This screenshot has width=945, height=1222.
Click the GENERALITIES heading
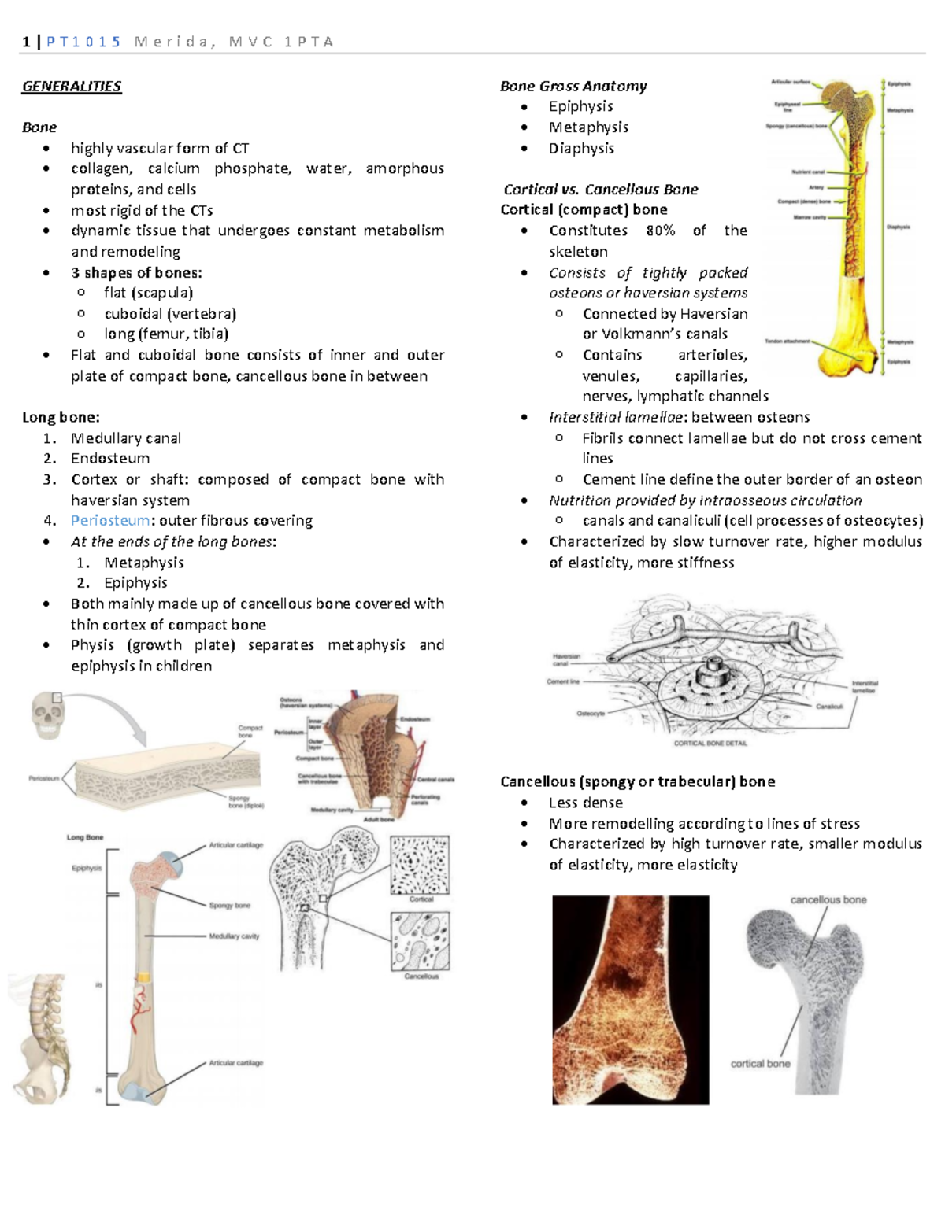pyautogui.click(x=72, y=87)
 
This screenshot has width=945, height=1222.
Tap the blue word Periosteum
pyautogui.click(x=109, y=520)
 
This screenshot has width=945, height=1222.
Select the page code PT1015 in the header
pyautogui.click(x=83, y=42)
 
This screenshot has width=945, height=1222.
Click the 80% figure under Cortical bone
pyautogui.click(x=660, y=231)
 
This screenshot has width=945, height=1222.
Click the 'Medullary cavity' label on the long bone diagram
pyautogui.click(x=234, y=936)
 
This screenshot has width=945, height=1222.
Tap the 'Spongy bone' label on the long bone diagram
pyautogui.click(x=229, y=906)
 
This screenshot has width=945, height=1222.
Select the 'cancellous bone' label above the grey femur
pyautogui.click(x=828, y=899)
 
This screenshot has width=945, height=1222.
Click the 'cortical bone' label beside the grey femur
pyautogui.click(x=760, y=1064)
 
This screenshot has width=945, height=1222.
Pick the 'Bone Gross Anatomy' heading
pyautogui.click(x=573, y=87)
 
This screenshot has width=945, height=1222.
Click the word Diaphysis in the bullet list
pyautogui.click(x=581, y=148)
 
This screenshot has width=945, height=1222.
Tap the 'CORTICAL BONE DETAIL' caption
pyautogui.click(x=710, y=743)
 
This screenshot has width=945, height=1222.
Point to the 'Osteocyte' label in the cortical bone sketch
pyautogui.click(x=591, y=714)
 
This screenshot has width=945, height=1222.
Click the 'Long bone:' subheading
pyautogui.click(x=61, y=417)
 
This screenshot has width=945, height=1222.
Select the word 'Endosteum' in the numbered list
pyautogui.click(x=110, y=458)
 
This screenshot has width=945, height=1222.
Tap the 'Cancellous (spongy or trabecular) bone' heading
pyautogui.click(x=637, y=781)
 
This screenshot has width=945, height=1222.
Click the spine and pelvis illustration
pyautogui.click(x=39, y=1039)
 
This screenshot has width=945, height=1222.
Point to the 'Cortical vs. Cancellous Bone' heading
pyautogui.click(x=601, y=189)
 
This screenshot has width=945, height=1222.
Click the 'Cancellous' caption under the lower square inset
pyautogui.click(x=421, y=976)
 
